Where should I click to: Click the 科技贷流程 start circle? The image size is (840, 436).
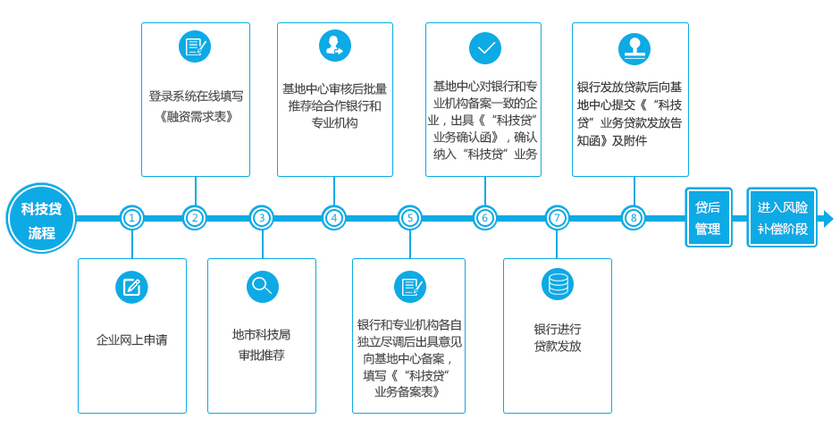[41, 219]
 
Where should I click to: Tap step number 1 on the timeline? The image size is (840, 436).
[131, 218]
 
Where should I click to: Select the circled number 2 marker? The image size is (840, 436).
[195, 218]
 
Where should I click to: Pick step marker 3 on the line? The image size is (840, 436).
[262, 218]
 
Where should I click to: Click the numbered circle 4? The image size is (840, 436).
[334, 218]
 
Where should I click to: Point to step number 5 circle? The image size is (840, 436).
[410, 218]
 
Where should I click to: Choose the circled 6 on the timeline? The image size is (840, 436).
[485, 218]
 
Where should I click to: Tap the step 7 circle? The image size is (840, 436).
[557, 218]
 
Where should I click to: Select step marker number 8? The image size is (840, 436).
[634, 218]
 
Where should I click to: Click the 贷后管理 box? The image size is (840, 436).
[709, 217]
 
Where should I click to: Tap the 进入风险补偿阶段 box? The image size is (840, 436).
[782, 217]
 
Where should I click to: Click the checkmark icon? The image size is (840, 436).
[485, 48]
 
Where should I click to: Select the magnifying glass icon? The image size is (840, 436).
[263, 287]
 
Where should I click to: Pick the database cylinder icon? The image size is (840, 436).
[558, 284]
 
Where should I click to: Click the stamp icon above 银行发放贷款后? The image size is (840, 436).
[634, 49]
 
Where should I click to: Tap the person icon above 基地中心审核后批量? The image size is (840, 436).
[335, 46]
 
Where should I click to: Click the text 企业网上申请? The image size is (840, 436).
[131, 340]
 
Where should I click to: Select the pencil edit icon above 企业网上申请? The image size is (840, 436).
[131, 287]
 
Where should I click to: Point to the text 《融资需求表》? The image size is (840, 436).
[196, 116]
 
